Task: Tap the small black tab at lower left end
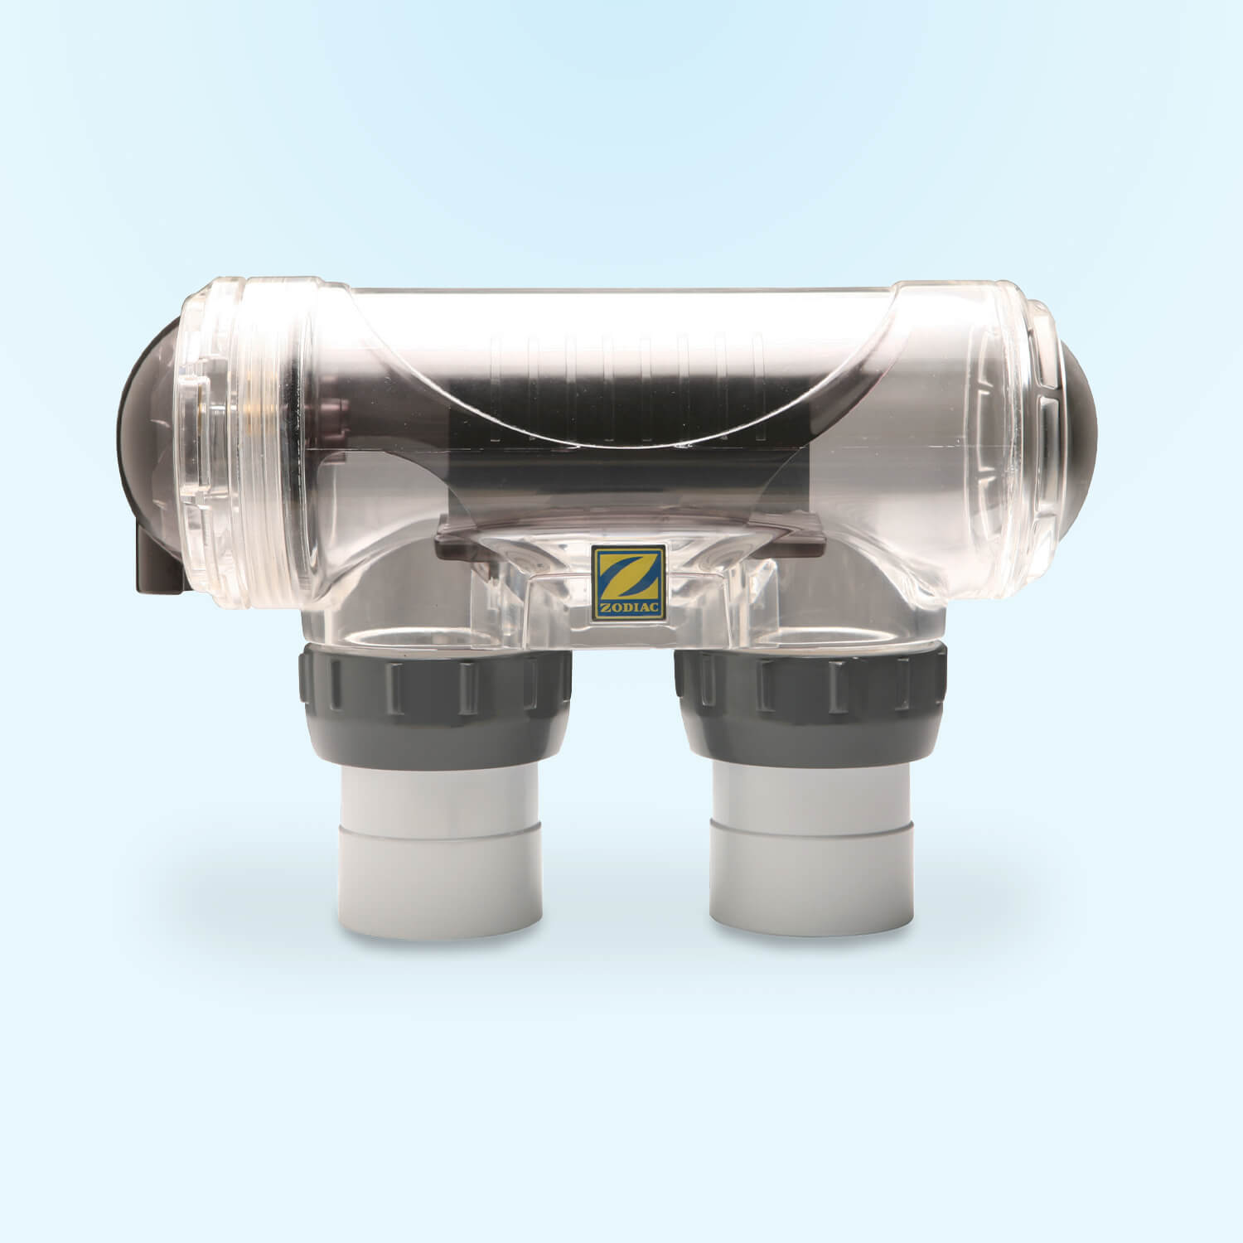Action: coord(154,563)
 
